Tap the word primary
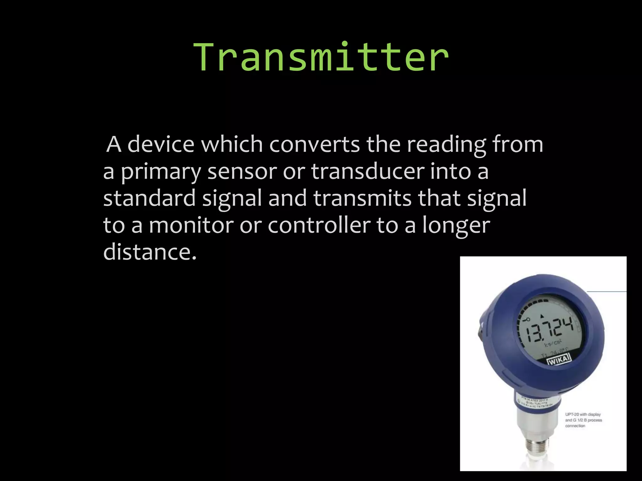[161, 172]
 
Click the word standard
[149, 199]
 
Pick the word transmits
[362, 199]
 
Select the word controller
[319, 225]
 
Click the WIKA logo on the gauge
[559, 359]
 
